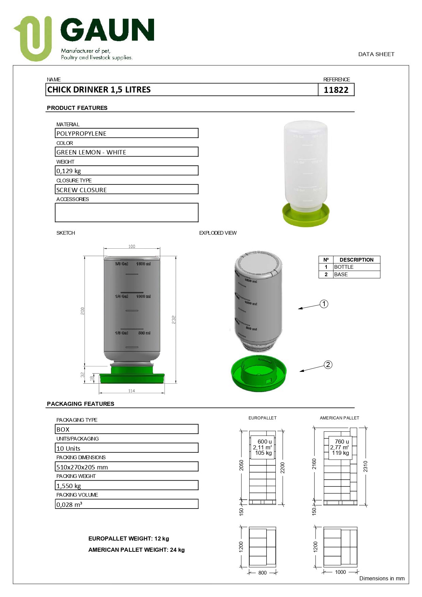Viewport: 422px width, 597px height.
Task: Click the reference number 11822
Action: pos(336,90)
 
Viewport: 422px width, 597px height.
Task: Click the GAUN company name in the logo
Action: pos(107,30)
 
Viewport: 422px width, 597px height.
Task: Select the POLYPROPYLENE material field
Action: pos(126,133)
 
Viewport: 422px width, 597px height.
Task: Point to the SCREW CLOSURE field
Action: pos(126,189)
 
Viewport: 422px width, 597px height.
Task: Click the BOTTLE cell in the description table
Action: pos(344,267)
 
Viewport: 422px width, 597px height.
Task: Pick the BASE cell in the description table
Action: pos(341,275)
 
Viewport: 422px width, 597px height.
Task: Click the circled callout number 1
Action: pos(324,304)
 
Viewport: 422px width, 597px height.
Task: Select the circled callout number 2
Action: pos(328,365)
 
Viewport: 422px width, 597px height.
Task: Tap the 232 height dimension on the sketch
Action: pos(174,319)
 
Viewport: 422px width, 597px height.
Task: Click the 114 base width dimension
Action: pos(132,391)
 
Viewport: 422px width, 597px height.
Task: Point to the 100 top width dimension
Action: pos(132,246)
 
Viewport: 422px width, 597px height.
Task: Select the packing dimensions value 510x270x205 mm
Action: pos(126,467)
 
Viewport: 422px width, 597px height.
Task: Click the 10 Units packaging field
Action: pos(126,448)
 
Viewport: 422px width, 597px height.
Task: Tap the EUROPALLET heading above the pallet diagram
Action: pos(263,418)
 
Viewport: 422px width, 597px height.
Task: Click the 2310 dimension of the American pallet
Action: pos(366,466)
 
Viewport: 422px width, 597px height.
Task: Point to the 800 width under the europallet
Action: pos(263,573)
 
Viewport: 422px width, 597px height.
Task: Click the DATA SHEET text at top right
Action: pos(376,54)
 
